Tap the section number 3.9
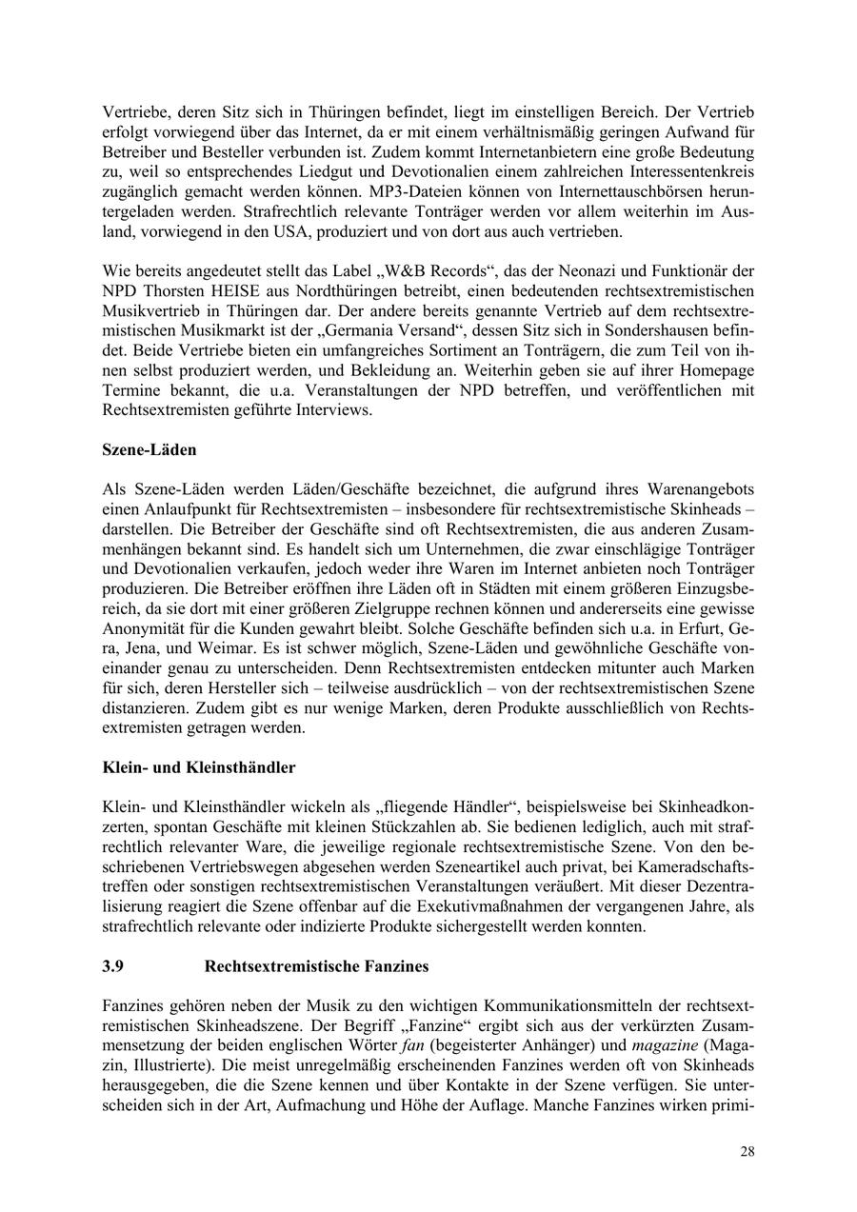click(x=112, y=966)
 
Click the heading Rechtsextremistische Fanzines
click(x=316, y=966)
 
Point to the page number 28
click(x=747, y=1152)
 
